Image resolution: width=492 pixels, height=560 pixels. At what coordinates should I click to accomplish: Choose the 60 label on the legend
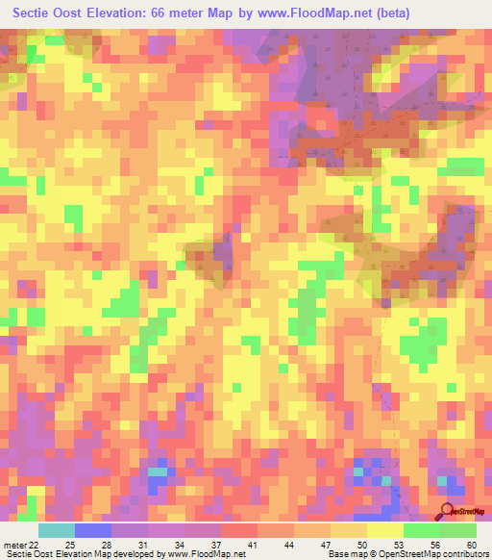[x=470, y=545]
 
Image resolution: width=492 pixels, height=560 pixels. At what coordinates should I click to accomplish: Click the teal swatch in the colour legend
[x=57, y=530]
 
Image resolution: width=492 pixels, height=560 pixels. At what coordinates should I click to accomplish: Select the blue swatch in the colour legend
[x=93, y=530]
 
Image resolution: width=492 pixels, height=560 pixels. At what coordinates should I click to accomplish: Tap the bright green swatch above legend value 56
[x=421, y=530]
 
